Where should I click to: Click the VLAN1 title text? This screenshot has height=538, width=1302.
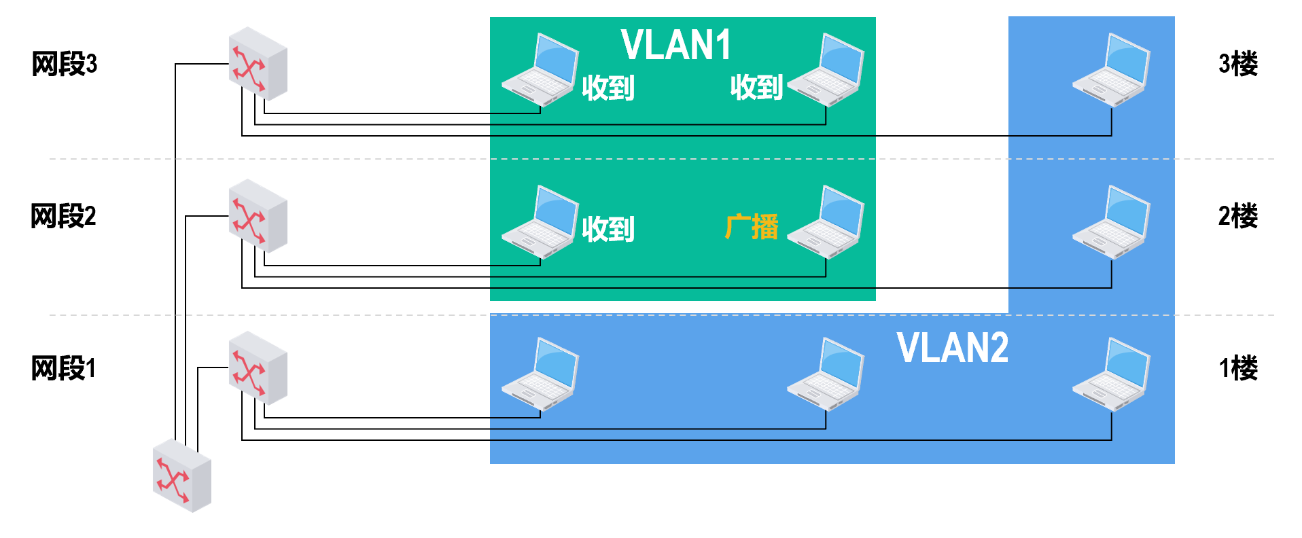pyautogui.click(x=675, y=45)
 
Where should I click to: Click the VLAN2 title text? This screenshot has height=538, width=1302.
pyautogui.click(x=952, y=348)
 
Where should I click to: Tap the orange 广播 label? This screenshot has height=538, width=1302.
pyautogui.click(x=752, y=227)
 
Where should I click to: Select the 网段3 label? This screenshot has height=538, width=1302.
pyautogui.click(x=65, y=64)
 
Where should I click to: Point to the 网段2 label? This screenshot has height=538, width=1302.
pyautogui.click(x=63, y=216)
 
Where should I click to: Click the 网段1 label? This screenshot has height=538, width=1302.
pyautogui.click(x=63, y=368)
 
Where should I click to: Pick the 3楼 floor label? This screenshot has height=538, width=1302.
pyautogui.click(x=1237, y=64)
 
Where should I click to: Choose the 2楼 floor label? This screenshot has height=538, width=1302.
pyautogui.click(x=1237, y=216)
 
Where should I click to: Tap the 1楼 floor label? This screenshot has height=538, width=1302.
pyautogui.click(x=1237, y=368)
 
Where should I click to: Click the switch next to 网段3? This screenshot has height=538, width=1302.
pyautogui.click(x=258, y=64)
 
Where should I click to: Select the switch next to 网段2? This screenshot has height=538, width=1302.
pyautogui.click(x=258, y=216)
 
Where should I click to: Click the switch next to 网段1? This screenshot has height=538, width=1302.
pyautogui.click(x=258, y=368)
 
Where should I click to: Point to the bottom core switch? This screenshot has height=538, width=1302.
pyautogui.click(x=181, y=476)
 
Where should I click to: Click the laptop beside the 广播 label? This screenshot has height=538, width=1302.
pyautogui.click(x=826, y=221)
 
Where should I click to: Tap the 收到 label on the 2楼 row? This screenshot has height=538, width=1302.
pyautogui.click(x=608, y=229)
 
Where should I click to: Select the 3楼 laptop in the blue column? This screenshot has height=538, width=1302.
pyautogui.click(x=1111, y=69)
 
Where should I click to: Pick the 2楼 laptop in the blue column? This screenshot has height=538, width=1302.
pyautogui.click(x=1111, y=221)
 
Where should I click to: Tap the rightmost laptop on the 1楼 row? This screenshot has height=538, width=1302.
pyautogui.click(x=1111, y=374)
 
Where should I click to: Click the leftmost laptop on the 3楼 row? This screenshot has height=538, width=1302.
pyautogui.click(x=540, y=69)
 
